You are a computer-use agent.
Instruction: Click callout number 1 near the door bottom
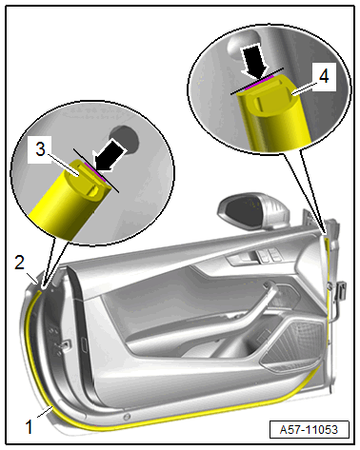coord(29,426)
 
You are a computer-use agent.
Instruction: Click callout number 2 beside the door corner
coord(19,263)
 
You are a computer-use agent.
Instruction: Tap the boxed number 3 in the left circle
coord(40,149)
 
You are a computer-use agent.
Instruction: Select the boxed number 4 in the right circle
coord(324,76)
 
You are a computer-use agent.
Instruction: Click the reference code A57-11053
coord(309,430)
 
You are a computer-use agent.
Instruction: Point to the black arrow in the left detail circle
coord(110,156)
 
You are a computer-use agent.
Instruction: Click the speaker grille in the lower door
coord(292,345)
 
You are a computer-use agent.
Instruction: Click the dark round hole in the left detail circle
coord(125,139)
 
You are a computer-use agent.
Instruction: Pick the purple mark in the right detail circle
coord(259,82)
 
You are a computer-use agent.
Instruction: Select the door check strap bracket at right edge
coord(342,290)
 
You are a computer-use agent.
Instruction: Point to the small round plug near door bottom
coord(127,416)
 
